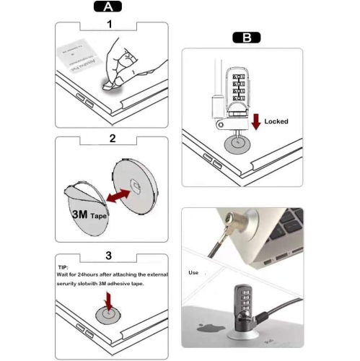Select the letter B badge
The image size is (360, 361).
click(246, 38)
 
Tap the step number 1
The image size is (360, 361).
click(110, 25)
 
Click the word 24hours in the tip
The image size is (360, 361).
click(95, 274)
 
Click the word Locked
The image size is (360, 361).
click(275, 121)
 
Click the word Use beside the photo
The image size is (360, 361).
click(193, 273)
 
